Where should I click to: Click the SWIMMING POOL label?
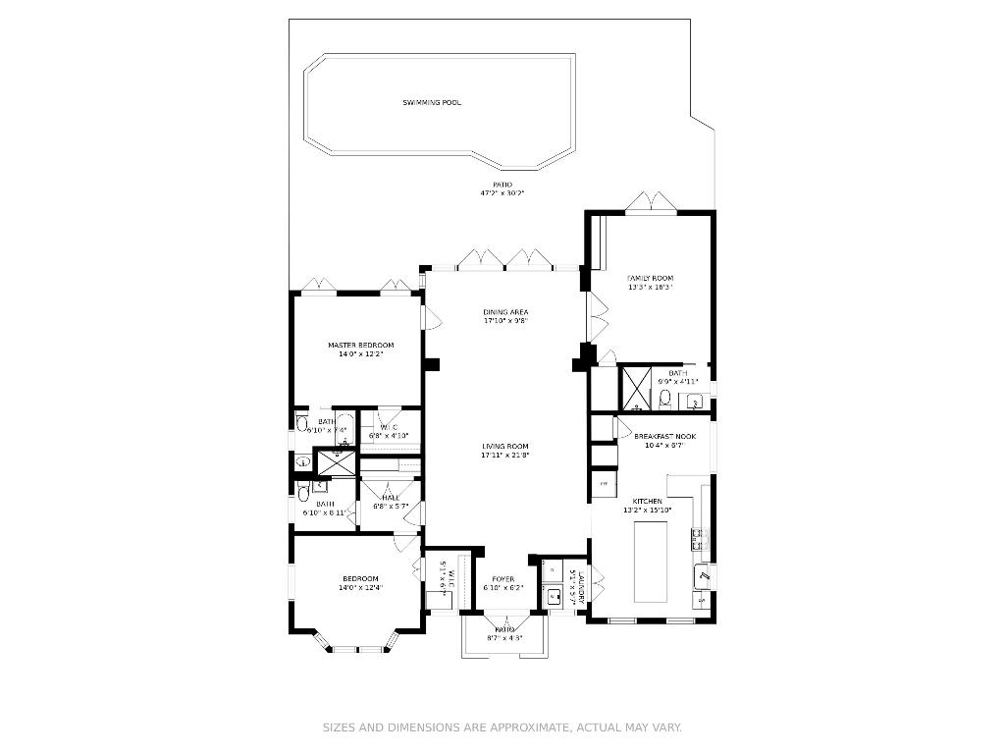pos(432,103)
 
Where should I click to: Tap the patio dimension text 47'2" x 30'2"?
pos(502,193)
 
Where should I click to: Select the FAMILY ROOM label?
pos(650,278)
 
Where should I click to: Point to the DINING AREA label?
pos(505,312)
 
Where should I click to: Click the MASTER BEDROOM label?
pos(360,345)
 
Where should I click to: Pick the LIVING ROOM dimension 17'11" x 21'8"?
pos(505,456)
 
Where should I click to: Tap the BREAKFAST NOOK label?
pos(664,436)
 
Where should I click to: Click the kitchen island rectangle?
pos(651,563)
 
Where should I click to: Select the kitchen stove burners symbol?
pos(699,537)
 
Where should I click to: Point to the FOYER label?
pos(502,579)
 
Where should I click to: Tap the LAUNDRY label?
pos(582,586)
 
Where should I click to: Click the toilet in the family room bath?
pos(664,397)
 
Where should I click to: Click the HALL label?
pos(391,498)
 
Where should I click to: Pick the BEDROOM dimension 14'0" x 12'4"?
pos(360,588)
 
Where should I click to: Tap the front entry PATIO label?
pos(504,629)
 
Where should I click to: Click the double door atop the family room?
pos(651,202)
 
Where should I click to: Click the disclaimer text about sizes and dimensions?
pos(502,727)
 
